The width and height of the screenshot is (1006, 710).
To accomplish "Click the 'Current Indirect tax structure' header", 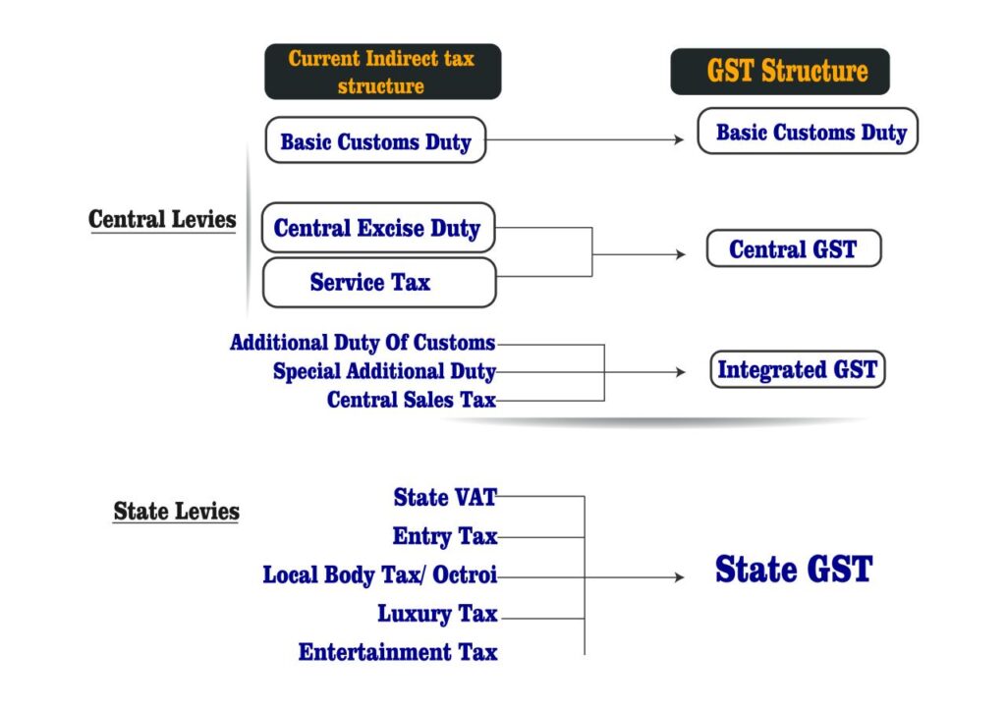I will (382, 72).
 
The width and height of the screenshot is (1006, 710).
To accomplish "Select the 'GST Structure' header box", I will (780, 72).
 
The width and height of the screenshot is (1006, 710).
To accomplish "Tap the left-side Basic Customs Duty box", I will (375, 141).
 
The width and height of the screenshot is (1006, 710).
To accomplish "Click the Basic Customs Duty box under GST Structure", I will (808, 132).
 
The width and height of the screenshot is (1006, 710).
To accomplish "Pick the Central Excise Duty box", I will (377, 229).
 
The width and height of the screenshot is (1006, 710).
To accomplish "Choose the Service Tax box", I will (377, 283).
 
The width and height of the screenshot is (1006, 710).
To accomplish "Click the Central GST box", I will (793, 249).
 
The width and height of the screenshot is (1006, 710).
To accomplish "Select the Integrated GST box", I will (797, 370).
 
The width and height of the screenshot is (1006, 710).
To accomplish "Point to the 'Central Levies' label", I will (163, 219).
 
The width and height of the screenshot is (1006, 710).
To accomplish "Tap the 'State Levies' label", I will (177, 511).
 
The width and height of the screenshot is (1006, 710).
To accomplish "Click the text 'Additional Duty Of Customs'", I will (363, 343).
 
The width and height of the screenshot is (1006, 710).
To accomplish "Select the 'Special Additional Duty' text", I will (384, 372).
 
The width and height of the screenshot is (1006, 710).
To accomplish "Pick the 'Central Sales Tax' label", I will (411, 400).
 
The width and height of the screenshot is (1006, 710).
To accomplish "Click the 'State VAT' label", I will (445, 498).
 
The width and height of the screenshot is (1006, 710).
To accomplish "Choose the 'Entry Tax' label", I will (445, 536).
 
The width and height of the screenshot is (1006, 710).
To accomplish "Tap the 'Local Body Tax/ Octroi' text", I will (380, 575).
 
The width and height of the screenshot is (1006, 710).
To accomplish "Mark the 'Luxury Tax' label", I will (438, 615).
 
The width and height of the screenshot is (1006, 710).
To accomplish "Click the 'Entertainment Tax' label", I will (398, 652).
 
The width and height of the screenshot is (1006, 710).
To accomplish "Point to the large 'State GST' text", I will (793, 570).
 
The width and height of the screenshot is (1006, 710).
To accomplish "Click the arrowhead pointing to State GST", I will (678, 577).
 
